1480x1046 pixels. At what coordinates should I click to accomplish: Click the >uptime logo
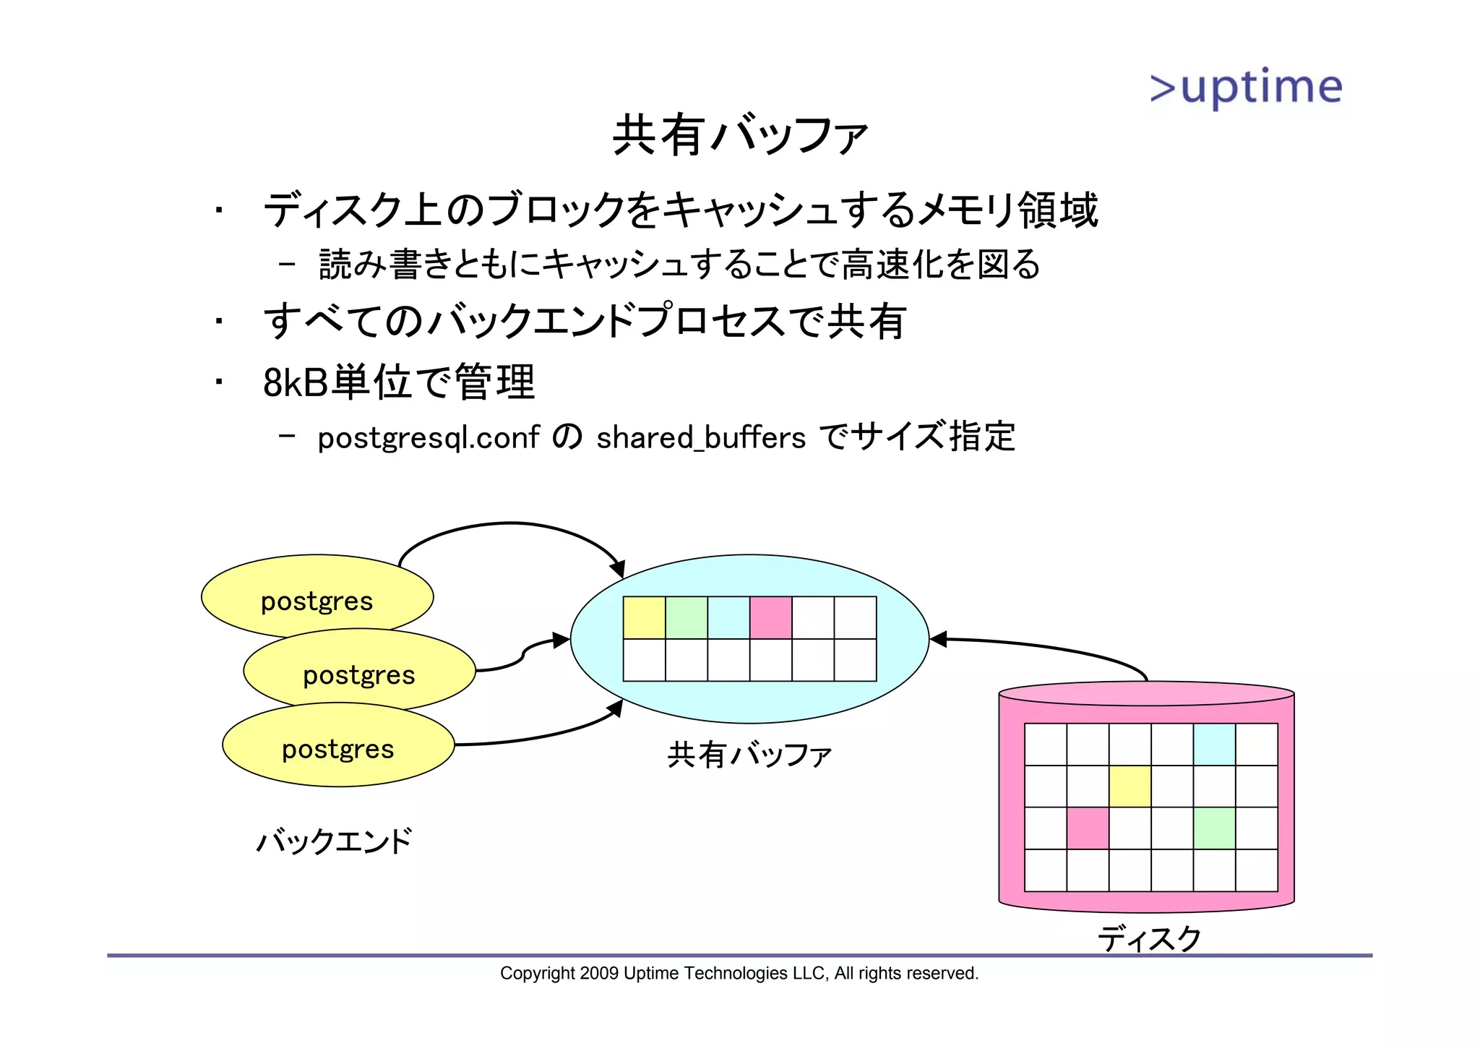coord(1246,88)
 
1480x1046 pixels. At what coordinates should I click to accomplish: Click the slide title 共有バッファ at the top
coord(739,135)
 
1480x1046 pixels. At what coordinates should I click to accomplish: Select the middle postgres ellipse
coord(359,672)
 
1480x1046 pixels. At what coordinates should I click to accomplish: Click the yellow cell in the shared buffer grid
coord(644,617)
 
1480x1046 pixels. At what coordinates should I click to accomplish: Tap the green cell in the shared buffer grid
coord(687,617)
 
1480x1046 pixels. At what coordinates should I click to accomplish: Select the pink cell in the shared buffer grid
coord(771,617)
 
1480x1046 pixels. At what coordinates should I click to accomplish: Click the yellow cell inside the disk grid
coord(1130,786)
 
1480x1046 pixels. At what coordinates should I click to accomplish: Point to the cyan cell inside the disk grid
coord(1215,745)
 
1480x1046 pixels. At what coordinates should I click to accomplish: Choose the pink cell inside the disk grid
coord(1088,828)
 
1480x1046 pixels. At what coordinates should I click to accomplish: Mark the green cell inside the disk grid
coord(1215,828)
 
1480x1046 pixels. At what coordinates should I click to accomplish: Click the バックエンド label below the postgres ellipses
coord(335,841)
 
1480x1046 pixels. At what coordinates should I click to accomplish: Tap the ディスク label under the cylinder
coord(1149,938)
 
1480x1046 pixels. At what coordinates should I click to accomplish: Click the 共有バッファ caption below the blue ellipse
coord(749,755)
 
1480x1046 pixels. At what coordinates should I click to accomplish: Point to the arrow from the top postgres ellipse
coord(512,523)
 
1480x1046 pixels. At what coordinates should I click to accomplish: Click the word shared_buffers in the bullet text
coord(700,438)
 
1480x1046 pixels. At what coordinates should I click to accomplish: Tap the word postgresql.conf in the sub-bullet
coord(429,438)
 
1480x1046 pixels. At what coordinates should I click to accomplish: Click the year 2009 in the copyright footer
coord(599,974)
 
